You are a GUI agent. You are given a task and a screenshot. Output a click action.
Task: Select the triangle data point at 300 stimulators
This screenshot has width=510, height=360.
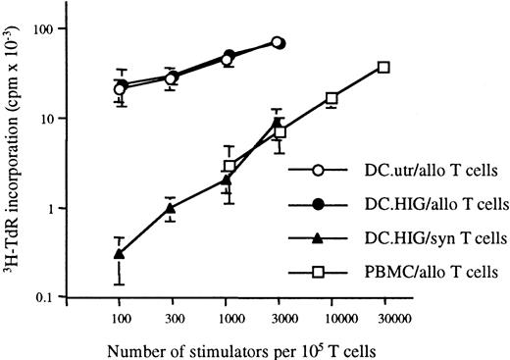(172, 208)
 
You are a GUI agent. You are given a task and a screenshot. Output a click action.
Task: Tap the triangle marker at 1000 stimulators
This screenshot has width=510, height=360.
(226, 180)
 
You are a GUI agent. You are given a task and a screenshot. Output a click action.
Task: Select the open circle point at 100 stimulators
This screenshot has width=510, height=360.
(120, 89)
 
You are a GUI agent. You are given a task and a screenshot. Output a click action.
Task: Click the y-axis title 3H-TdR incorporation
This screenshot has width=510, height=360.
(22, 162)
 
